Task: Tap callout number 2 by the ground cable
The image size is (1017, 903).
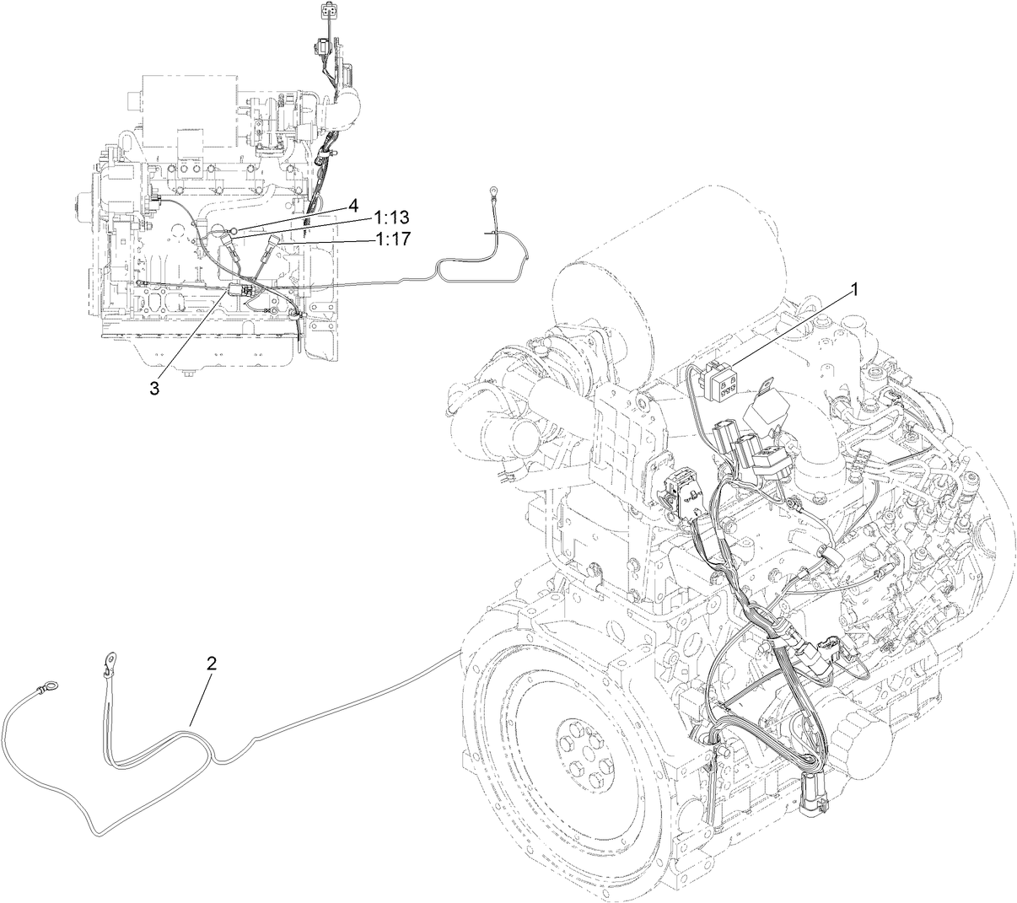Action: pos(211,662)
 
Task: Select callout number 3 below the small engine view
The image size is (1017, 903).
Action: pos(154,387)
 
